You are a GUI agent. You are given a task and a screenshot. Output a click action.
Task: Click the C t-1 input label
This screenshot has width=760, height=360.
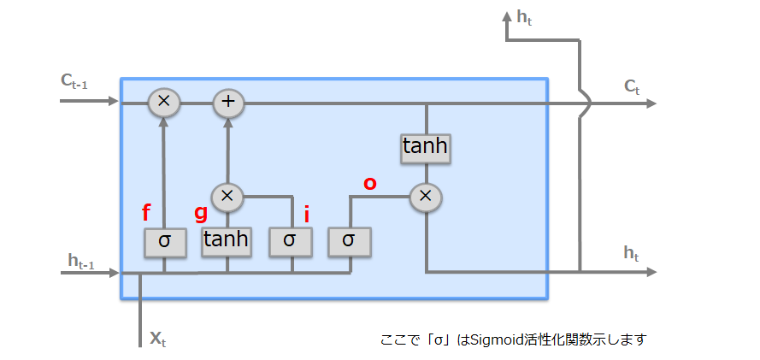(74, 81)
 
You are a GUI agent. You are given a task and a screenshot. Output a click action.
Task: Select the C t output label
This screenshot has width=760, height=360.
(632, 86)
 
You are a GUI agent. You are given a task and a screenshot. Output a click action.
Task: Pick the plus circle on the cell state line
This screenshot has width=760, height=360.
(228, 103)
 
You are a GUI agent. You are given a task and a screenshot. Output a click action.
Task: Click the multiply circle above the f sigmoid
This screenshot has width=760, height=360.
(164, 103)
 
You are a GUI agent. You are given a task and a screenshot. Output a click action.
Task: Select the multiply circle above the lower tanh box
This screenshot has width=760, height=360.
(227, 196)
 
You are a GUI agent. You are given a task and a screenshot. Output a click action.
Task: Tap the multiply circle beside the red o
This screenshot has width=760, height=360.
(425, 197)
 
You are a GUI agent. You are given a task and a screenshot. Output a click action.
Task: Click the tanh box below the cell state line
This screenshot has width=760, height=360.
(425, 147)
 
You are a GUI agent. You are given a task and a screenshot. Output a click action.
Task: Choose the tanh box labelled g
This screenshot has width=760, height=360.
(227, 240)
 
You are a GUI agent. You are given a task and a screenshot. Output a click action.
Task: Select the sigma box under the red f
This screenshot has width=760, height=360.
(164, 242)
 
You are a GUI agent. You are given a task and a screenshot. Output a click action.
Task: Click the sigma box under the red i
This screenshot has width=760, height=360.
(291, 242)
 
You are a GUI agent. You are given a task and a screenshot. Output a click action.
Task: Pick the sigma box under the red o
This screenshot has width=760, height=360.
(350, 242)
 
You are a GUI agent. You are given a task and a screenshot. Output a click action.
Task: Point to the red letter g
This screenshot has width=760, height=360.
(202, 213)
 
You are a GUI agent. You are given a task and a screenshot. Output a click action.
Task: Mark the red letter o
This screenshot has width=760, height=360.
(370, 182)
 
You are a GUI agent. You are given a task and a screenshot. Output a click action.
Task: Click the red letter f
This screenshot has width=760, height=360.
(146, 213)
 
